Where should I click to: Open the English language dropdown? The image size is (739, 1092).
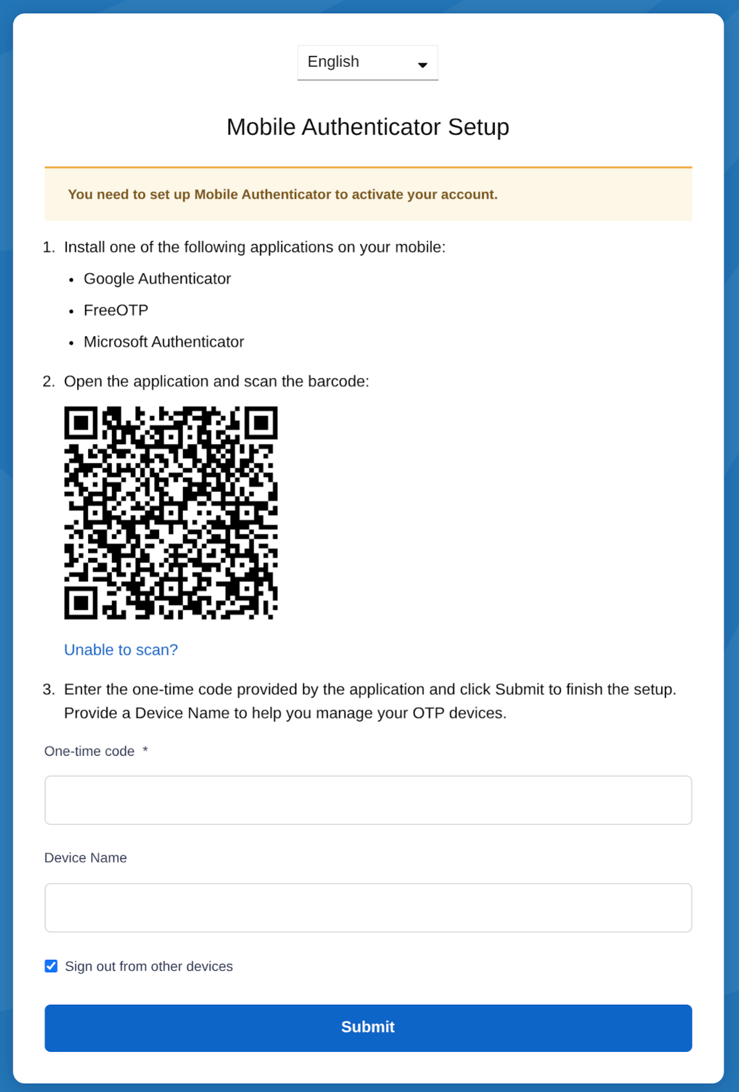tap(367, 62)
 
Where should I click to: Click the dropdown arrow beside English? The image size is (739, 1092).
tap(422, 65)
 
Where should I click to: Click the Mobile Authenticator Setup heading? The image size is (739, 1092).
tap(368, 127)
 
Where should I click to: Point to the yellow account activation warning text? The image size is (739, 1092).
tap(282, 195)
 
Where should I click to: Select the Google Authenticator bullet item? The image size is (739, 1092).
tap(157, 279)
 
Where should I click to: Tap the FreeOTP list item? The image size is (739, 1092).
tap(116, 311)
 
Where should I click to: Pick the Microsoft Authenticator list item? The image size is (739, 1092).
tap(164, 342)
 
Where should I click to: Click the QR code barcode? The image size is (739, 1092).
tap(171, 513)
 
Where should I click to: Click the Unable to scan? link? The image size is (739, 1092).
tap(121, 650)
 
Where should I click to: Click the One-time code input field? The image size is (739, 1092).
tap(368, 800)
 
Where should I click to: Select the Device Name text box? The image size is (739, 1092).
tap(368, 908)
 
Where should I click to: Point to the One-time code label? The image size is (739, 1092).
tap(89, 752)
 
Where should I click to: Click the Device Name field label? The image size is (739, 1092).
tap(86, 858)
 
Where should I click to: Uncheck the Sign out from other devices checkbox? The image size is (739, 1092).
tap(52, 966)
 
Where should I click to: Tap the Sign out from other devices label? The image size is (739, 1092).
tap(149, 966)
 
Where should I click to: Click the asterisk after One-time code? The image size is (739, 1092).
tap(145, 750)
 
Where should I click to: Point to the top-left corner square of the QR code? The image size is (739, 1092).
tap(81, 422)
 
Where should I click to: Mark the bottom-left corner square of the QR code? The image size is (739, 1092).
tap(81, 603)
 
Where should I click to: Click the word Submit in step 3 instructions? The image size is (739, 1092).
tap(519, 690)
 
